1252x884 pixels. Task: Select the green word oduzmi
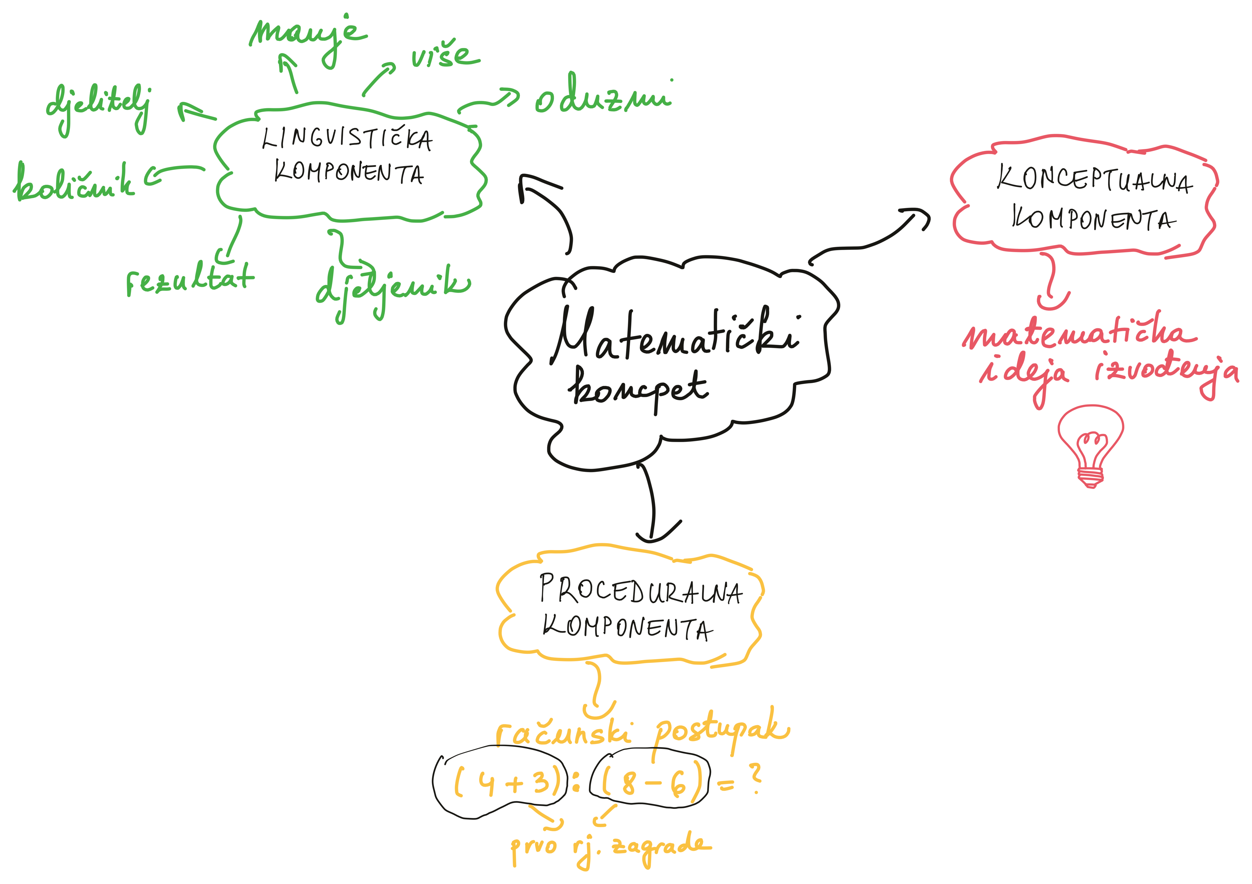[603, 98]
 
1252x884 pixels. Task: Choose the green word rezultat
[190, 279]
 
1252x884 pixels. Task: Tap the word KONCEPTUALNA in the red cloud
[1093, 180]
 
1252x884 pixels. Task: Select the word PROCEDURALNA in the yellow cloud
[641, 591]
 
